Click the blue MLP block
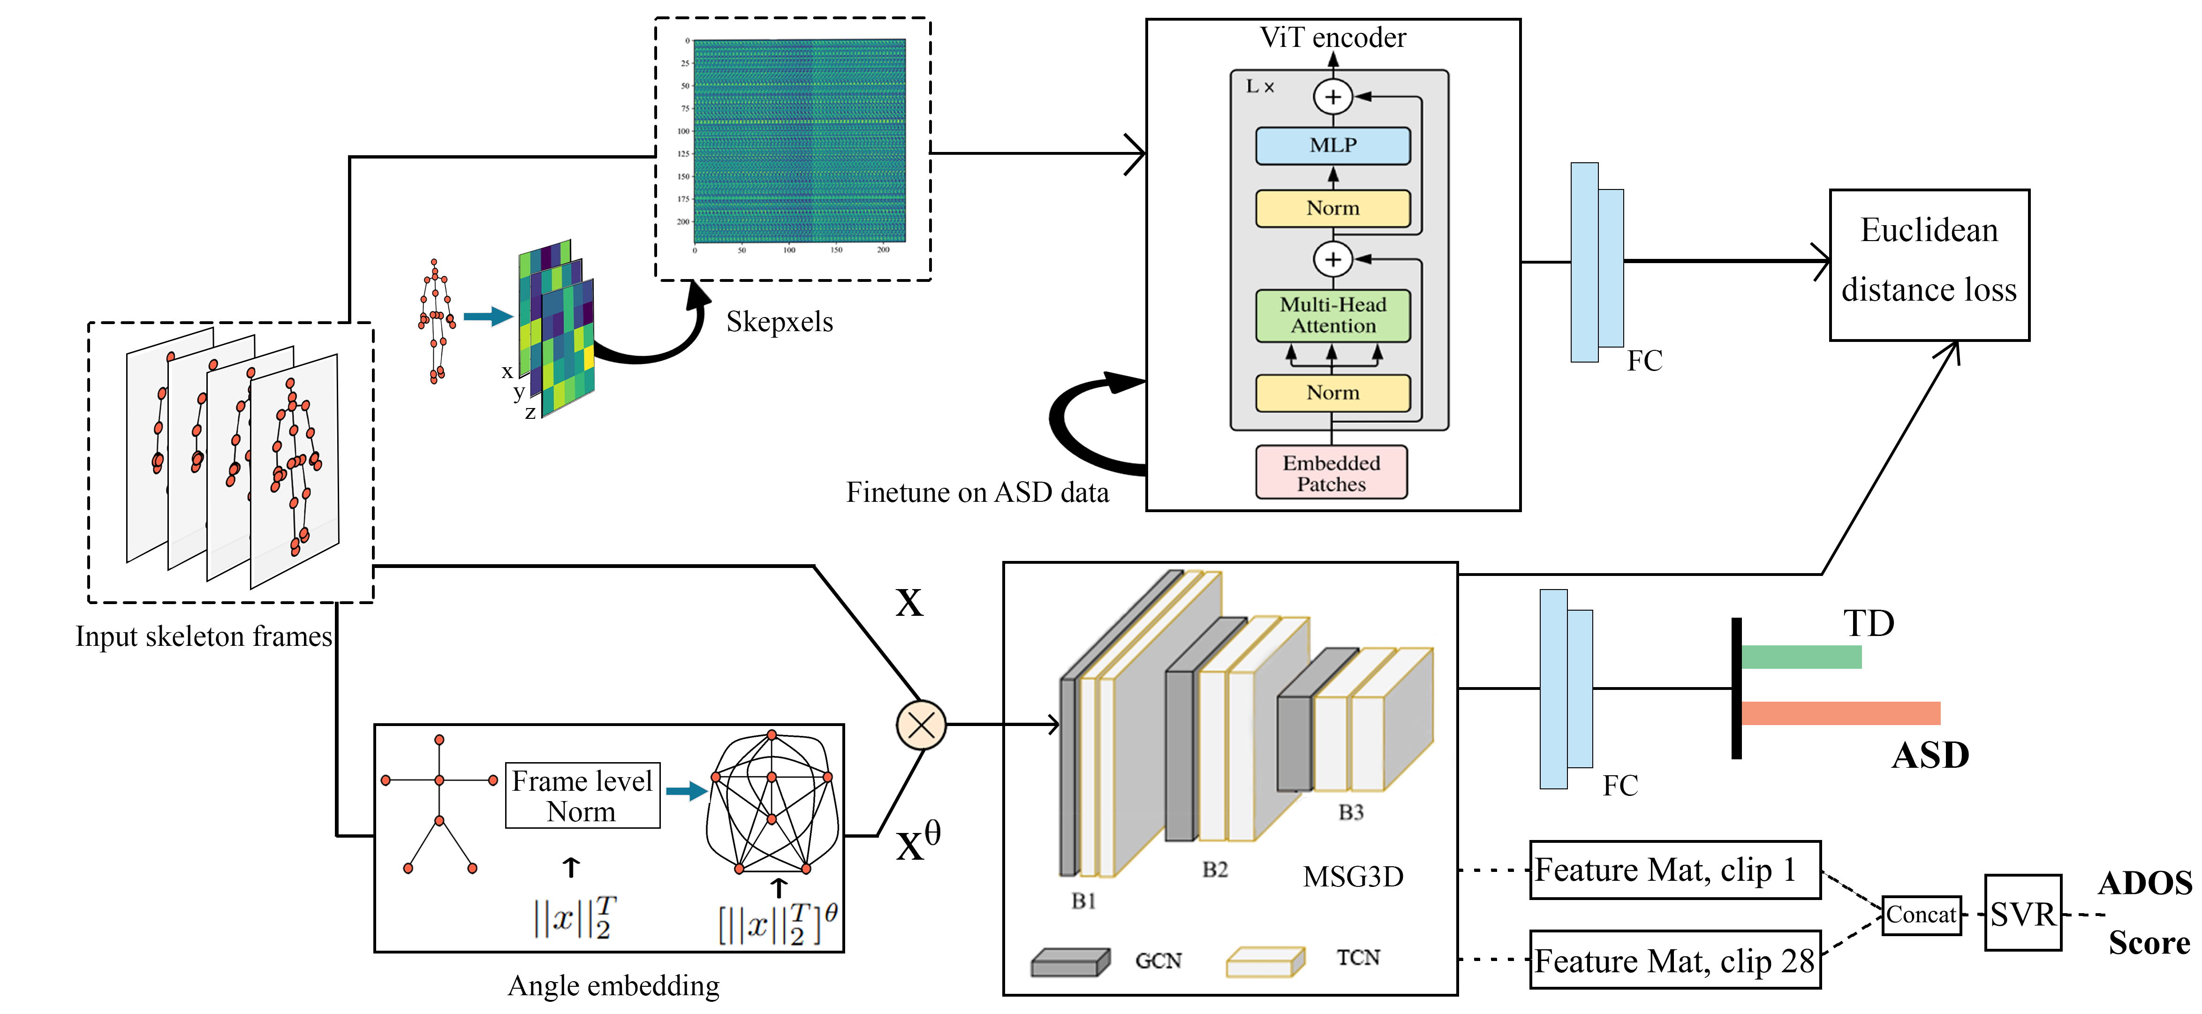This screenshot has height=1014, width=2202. tap(1332, 145)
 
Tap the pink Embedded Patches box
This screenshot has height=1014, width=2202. tap(1331, 473)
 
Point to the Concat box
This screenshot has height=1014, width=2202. tap(1921, 915)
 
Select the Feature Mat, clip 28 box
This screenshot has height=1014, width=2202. tap(1674, 960)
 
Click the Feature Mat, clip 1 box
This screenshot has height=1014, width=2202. tap(1674, 870)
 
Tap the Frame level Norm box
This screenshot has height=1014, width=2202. tap(582, 795)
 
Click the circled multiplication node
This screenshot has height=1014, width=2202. tap(921, 725)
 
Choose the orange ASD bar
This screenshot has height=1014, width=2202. tap(1839, 713)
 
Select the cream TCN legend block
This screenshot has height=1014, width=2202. tap(1264, 962)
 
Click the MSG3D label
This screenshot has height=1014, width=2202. tap(1352, 877)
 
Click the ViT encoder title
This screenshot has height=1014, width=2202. tap(1332, 38)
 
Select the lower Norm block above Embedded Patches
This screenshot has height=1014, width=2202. tap(1332, 393)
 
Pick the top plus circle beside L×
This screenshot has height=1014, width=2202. tap(1332, 97)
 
